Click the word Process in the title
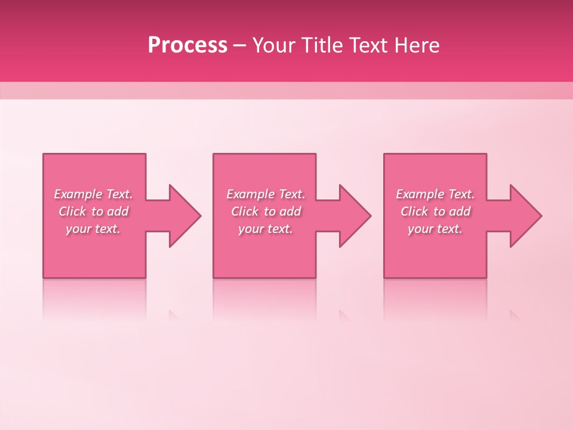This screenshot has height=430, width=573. tap(187, 45)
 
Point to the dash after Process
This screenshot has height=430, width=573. tap(240, 45)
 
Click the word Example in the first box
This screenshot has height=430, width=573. tap(77, 194)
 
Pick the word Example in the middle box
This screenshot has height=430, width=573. tap(249, 194)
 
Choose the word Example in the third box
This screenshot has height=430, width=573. tap(420, 194)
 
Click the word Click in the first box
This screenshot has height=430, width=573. tap(72, 211)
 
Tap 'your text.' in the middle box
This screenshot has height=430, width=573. tap(265, 229)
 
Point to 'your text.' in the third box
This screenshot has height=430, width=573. tap(435, 229)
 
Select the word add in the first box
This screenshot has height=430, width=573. tap(118, 211)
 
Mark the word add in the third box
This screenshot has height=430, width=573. tap(460, 211)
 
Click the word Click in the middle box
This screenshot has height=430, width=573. tap(245, 211)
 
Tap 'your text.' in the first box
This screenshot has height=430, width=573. tap(93, 229)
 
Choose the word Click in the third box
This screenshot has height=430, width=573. tap(414, 211)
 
